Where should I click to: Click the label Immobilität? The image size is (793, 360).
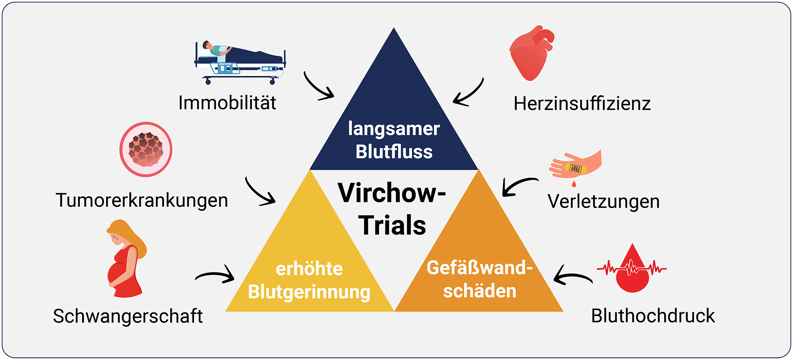pos(227,103)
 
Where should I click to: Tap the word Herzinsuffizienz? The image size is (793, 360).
pos(582,104)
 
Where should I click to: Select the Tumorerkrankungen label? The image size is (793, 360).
pos(142,201)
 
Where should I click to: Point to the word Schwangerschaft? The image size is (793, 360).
pos(128,316)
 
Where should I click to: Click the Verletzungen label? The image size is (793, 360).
pos(603,202)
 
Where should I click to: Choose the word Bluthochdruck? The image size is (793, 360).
pos(653,316)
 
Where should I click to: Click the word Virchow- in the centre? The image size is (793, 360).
pos(392,193)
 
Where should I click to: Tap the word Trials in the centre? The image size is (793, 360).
pos(392,225)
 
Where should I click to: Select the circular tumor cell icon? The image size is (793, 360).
pos(146,149)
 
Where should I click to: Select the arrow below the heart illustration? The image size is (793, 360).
pos(468,93)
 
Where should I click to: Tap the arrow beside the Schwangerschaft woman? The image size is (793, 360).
pos(215,275)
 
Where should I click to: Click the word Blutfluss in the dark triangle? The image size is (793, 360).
pos(394,152)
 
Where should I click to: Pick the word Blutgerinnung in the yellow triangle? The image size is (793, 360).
pos(309,292)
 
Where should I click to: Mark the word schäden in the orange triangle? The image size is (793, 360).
pos(480,291)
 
